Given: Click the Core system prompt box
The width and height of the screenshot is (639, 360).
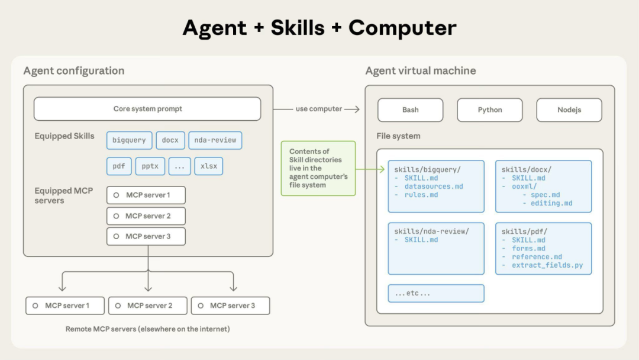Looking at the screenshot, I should (x=147, y=109).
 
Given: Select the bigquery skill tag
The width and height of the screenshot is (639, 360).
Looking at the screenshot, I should (x=129, y=140).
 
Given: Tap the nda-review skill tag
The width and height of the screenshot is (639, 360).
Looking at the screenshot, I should (x=215, y=140).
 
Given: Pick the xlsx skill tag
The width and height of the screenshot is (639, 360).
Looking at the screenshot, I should (x=209, y=166).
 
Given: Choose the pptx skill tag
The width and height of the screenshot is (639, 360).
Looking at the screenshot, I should (x=150, y=166).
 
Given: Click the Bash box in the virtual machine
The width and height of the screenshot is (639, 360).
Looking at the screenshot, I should (x=410, y=110).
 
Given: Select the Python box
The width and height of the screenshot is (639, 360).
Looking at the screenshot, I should (x=489, y=110).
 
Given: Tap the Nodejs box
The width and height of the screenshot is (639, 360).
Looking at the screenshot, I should (x=569, y=110).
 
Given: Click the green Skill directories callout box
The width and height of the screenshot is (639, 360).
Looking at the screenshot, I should (x=318, y=168).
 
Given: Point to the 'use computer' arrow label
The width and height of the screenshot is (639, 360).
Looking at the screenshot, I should (x=319, y=109).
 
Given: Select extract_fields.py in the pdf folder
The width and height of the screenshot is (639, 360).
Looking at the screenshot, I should (x=547, y=265).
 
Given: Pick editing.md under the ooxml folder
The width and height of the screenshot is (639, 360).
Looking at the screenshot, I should (x=547, y=203).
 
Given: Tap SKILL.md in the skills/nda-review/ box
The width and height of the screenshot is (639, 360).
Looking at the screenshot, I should (x=421, y=240).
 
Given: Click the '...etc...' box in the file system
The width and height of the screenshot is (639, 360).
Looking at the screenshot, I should (x=436, y=293).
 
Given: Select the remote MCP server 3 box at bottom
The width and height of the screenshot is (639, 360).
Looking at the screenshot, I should (x=230, y=306).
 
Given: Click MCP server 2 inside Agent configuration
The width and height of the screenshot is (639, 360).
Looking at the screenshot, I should (x=146, y=216).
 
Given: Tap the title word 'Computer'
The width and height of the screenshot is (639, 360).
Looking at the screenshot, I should (x=402, y=28).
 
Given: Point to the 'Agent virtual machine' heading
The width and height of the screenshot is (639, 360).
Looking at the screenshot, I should (x=420, y=71).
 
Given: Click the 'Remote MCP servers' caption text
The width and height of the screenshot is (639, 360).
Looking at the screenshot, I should (x=147, y=329).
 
